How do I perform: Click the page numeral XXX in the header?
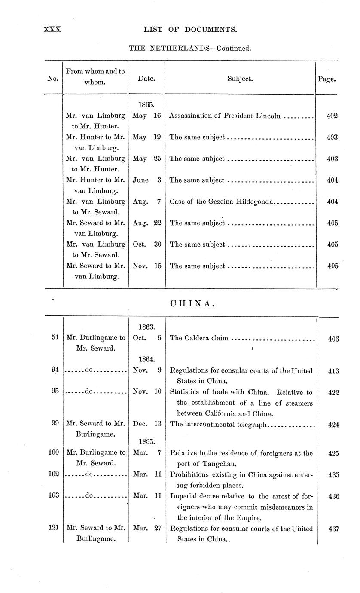tap(52, 29)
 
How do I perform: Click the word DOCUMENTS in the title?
tap(211, 29)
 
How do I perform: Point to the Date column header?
tap(146, 79)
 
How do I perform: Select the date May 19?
tap(146, 137)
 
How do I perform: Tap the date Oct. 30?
tap(146, 245)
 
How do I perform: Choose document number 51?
tap(55, 338)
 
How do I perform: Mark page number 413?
tap(333, 370)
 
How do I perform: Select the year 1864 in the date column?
tap(146, 358)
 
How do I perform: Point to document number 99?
tap(55, 424)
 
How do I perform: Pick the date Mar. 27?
tap(147, 528)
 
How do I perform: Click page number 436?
tap(333, 496)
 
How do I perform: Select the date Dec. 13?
tap(147, 424)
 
